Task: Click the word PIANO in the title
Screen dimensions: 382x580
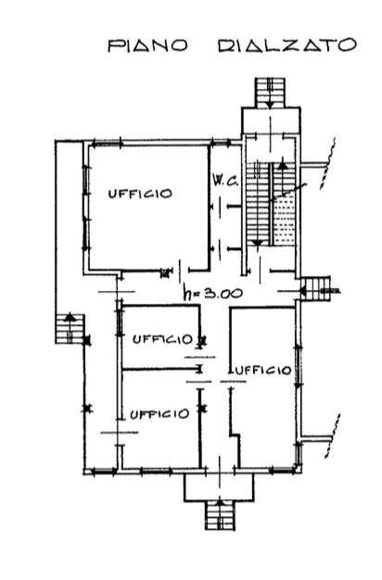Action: [x=148, y=45]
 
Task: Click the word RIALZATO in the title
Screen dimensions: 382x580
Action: [x=287, y=45]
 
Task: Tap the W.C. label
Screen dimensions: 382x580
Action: [x=226, y=182]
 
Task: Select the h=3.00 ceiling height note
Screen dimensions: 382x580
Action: [x=213, y=294]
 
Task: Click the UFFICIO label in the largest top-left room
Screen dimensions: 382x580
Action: [x=140, y=194]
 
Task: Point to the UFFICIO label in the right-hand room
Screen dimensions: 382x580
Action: [x=263, y=370]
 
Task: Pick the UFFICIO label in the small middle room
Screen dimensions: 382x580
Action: [x=163, y=339]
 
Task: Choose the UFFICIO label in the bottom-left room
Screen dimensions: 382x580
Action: [x=159, y=414]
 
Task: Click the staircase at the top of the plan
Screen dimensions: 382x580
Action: [x=270, y=93]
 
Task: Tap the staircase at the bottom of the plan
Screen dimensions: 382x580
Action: [x=220, y=515]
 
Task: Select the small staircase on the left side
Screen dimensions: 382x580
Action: [x=70, y=329]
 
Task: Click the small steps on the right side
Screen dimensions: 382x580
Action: [x=315, y=288]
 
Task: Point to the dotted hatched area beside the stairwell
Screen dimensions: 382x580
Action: [x=285, y=221]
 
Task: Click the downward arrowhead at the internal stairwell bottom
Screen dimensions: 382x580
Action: [x=258, y=243]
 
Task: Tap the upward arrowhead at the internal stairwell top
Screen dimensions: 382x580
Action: [x=283, y=165]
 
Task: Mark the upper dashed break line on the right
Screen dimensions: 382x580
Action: [x=328, y=163]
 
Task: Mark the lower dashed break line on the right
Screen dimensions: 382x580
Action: [x=333, y=436]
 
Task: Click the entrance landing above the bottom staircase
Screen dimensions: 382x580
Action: [x=220, y=487]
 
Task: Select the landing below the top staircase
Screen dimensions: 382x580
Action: [x=271, y=121]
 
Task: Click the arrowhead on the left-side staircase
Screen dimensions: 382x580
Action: [x=70, y=317]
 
